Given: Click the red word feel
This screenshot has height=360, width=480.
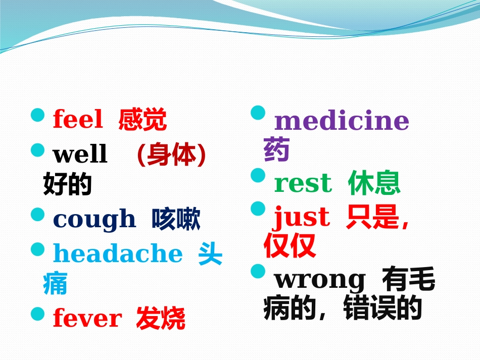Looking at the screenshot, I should click(x=77, y=120).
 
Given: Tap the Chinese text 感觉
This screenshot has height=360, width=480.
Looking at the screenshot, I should click(x=142, y=121).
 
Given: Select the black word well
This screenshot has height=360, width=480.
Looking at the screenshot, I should click(x=80, y=154).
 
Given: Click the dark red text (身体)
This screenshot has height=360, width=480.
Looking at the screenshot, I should click(x=171, y=155).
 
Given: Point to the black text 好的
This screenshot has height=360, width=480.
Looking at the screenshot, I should click(x=67, y=185).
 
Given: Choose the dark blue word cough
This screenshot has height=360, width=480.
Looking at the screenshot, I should click(x=94, y=220).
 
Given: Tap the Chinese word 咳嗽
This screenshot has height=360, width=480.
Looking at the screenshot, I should click(x=176, y=220).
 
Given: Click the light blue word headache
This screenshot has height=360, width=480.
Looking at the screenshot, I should click(x=117, y=253).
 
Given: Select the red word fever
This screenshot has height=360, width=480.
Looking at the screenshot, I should click(x=87, y=319).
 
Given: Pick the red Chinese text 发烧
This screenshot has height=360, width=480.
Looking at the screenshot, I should click(x=161, y=319).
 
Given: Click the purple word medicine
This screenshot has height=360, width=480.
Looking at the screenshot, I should click(x=341, y=121).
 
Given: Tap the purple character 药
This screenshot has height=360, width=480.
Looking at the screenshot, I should click(x=276, y=150).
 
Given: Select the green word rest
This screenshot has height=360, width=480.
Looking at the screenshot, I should click(x=303, y=183).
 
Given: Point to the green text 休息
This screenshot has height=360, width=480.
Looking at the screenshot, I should click(x=374, y=183).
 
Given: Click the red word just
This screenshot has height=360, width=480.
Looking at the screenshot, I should click(x=302, y=218).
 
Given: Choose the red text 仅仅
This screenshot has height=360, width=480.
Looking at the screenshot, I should click(x=290, y=246).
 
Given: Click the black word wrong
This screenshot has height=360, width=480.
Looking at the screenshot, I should click(x=319, y=279).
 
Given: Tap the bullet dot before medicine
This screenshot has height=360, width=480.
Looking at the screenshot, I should click(x=258, y=113).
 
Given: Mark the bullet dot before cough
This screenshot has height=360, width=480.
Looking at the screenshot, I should click(x=38, y=215).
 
